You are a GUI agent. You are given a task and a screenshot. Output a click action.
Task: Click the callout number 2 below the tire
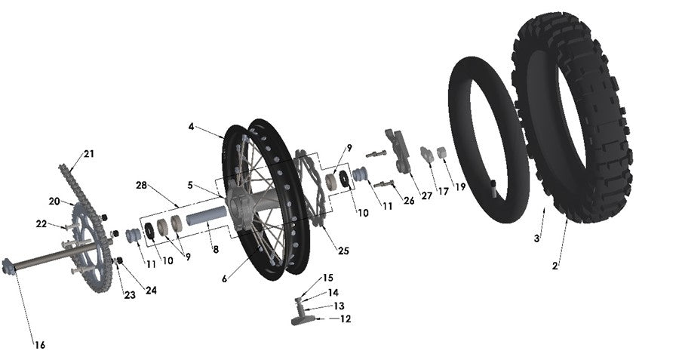[555, 266]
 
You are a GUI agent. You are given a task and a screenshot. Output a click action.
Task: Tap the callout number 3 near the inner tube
[536, 238]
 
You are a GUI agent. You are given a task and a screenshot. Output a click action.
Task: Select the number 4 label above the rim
[192, 127]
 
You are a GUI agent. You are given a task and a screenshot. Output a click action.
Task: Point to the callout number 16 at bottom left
[39, 345]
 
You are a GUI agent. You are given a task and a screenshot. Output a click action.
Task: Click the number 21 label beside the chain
[89, 154]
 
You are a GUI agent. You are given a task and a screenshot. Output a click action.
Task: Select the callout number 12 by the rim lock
[345, 318]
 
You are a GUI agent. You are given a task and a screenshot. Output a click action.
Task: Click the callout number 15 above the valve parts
[327, 278]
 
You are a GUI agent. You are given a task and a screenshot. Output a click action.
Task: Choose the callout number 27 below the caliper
[426, 196]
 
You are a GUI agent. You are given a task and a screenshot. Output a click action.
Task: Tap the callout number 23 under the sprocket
[130, 295]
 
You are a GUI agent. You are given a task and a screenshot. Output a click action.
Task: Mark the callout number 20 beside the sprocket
[54, 202]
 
